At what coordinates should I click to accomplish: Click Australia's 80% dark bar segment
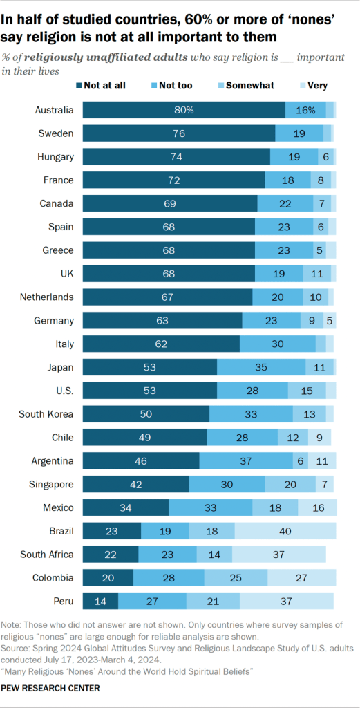[x=184, y=110]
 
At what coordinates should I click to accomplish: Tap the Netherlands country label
[x=47, y=297]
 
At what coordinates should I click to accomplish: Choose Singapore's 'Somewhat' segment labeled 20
[x=290, y=484]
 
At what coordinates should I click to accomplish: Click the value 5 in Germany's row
[x=330, y=320]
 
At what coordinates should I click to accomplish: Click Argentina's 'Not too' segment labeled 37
[x=246, y=460]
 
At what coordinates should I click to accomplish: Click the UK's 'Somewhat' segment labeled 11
[x=316, y=273]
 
